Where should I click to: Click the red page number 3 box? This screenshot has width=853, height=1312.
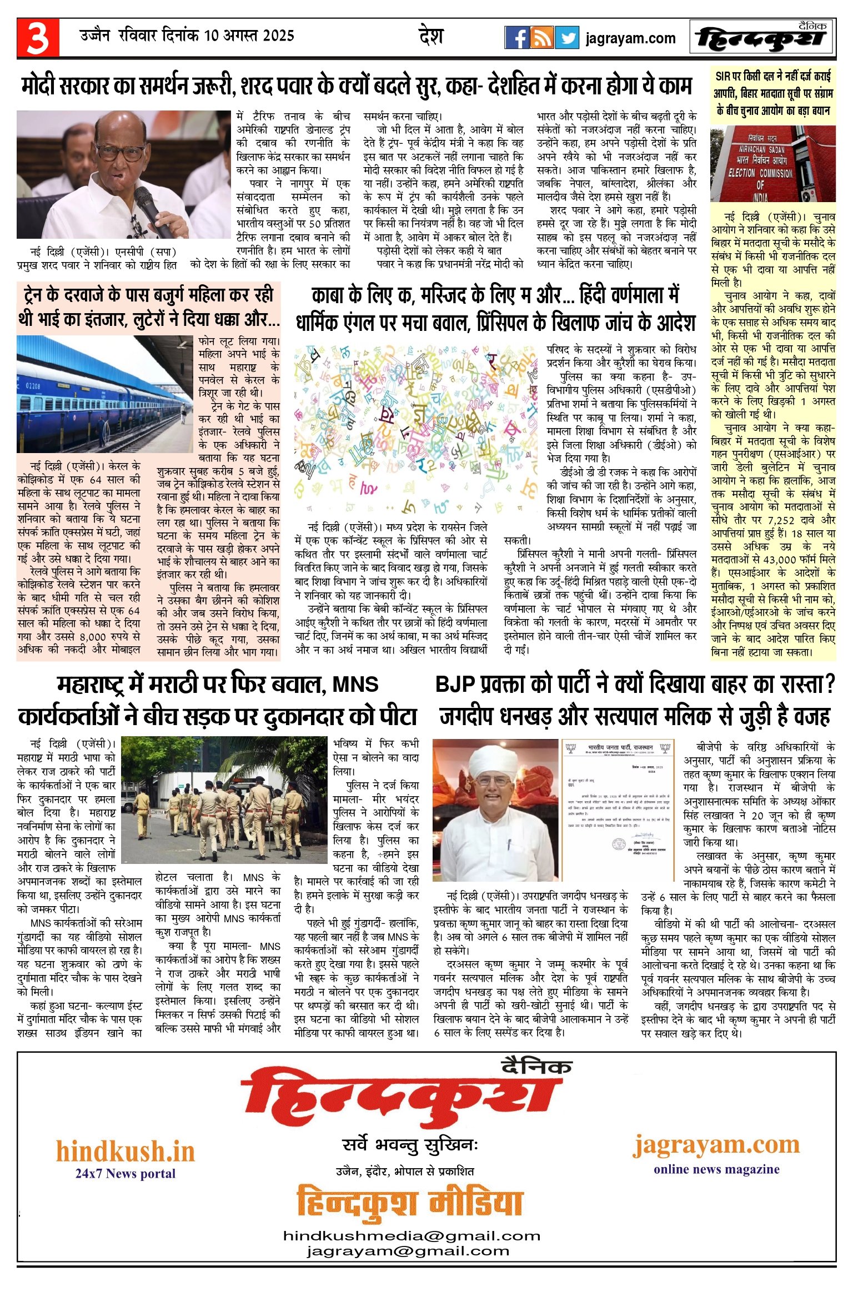pyautogui.click(x=38, y=38)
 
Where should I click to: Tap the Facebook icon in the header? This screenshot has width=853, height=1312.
pyautogui.click(x=516, y=38)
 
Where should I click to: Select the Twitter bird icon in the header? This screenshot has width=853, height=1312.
pyautogui.click(x=567, y=38)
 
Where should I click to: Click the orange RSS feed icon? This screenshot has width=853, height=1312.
pyautogui.click(x=541, y=38)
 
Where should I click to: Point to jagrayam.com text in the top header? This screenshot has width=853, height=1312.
pyautogui.click(x=630, y=38)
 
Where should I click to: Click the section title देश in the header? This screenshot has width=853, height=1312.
pyautogui.click(x=431, y=37)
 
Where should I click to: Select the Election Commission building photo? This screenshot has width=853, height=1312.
pyautogui.click(x=772, y=164)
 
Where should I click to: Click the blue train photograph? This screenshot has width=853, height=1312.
pyautogui.click(x=106, y=394)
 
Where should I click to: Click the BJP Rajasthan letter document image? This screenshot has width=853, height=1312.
pyautogui.click(x=618, y=809)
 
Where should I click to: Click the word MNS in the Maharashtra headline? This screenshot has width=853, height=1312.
pyautogui.click(x=355, y=685)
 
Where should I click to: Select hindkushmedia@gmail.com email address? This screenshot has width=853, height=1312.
pyautogui.click(x=412, y=1236)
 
